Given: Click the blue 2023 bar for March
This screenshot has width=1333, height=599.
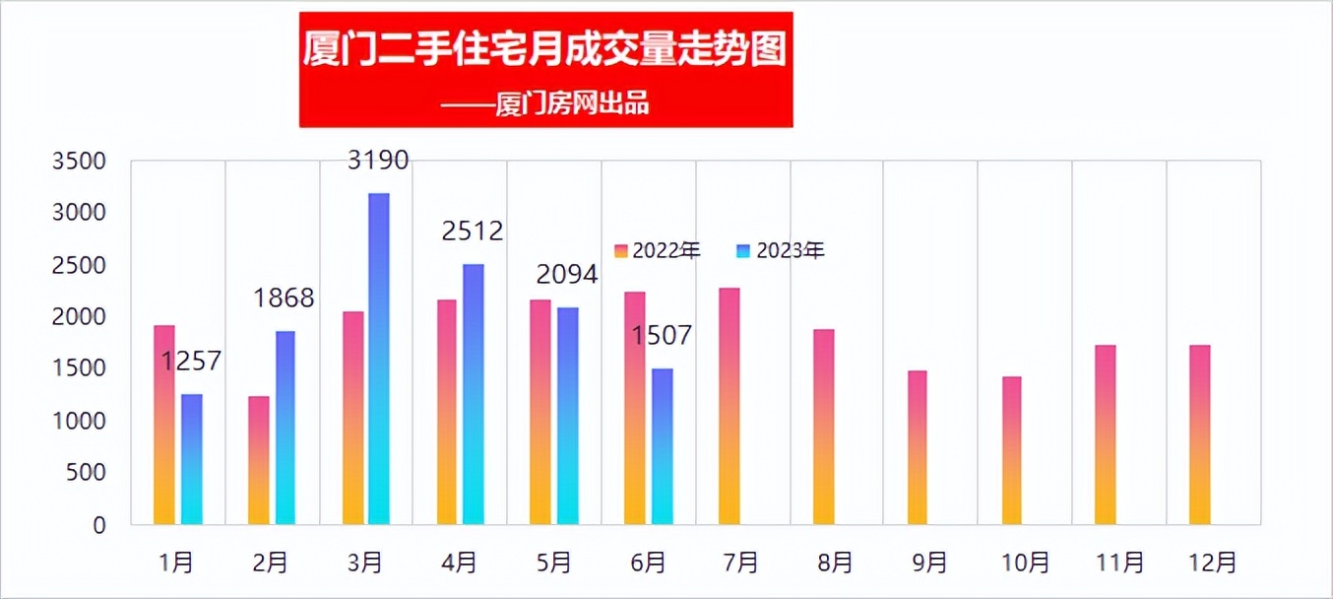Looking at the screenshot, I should (379, 359).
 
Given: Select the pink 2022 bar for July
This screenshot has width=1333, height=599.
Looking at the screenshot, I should (729, 406).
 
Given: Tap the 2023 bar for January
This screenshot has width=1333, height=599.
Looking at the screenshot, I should (192, 459).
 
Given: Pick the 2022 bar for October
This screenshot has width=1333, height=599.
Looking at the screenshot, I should (1012, 450).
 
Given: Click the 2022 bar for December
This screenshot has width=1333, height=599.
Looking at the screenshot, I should (1199, 434).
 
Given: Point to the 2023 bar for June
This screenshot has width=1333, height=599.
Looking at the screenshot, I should (663, 446).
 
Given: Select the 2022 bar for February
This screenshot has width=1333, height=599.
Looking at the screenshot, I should (259, 460).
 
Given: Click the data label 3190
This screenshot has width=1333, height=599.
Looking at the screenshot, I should (378, 160).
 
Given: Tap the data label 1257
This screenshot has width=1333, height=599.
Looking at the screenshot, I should (192, 363).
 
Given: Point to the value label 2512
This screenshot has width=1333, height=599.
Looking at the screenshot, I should (473, 232).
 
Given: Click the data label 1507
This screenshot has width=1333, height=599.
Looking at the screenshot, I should (662, 336).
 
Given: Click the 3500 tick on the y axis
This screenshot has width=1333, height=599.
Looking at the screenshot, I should (79, 162).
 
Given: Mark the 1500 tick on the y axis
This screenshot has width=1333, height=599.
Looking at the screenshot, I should (79, 369).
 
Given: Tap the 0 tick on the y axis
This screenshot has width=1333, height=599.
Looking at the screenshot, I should (98, 526).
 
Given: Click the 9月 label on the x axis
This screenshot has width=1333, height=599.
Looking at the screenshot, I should (929, 563).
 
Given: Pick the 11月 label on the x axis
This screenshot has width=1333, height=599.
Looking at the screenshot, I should (1119, 563).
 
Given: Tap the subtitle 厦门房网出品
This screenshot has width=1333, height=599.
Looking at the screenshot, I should (572, 103).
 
